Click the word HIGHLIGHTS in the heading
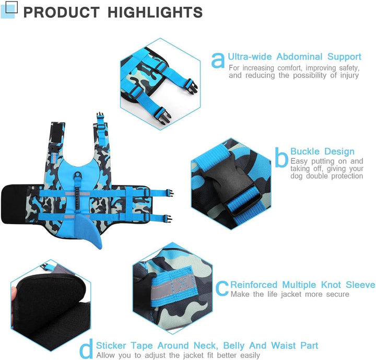(155, 12)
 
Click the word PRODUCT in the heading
(62, 12)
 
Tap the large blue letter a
(218, 60)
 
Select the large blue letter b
(281, 157)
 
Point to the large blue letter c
(222, 288)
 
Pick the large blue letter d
(86, 349)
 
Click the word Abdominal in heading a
(299, 56)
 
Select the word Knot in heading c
(331, 285)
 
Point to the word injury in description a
(349, 75)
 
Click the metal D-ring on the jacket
(78, 176)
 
